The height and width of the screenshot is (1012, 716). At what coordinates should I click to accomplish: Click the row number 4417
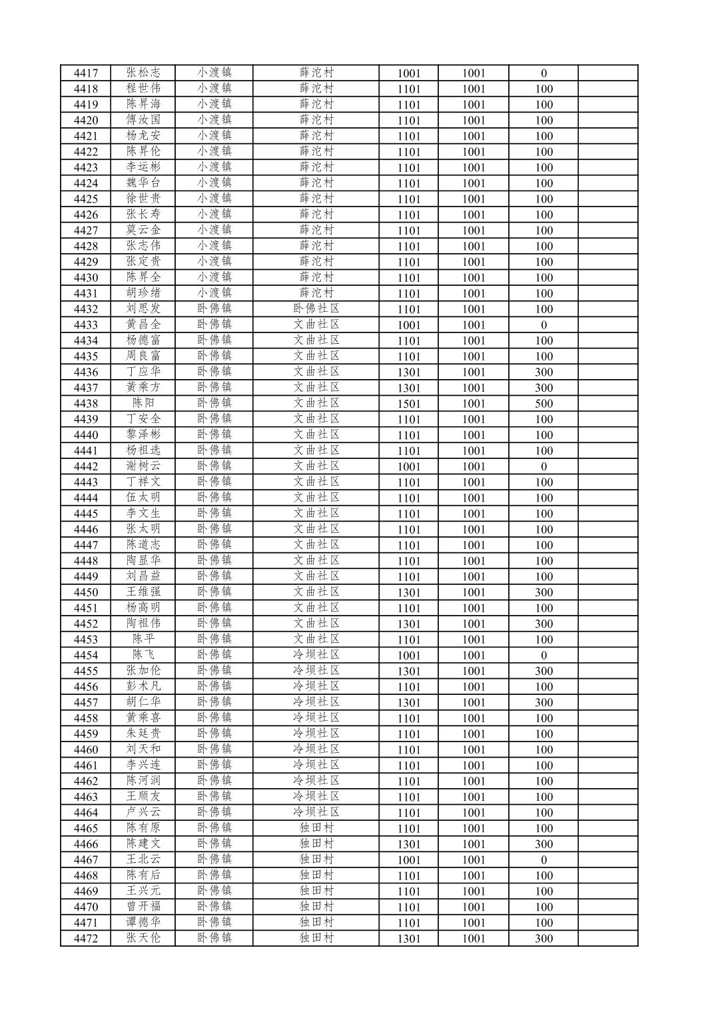(x=86, y=73)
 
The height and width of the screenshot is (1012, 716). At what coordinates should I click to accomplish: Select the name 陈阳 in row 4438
(x=143, y=403)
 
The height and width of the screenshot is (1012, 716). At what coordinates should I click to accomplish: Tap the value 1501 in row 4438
(x=409, y=404)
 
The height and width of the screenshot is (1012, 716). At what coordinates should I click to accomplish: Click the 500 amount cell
(x=543, y=404)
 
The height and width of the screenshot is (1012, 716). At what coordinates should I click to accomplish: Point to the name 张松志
(x=143, y=73)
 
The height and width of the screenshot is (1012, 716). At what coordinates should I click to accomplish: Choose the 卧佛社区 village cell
(x=316, y=308)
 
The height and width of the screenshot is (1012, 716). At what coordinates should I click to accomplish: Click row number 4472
(x=86, y=939)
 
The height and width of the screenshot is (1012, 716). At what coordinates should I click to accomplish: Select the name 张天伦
(x=143, y=938)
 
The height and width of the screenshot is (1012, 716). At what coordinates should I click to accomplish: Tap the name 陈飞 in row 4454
(x=143, y=655)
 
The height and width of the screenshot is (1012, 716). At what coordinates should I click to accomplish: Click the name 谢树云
(x=143, y=466)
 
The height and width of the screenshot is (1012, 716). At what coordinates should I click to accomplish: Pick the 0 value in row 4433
(x=543, y=325)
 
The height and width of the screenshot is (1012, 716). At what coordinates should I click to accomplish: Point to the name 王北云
(x=143, y=859)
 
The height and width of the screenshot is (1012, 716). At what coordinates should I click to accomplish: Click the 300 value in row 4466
(x=543, y=844)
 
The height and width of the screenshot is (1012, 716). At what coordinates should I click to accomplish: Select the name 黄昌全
(x=143, y=324)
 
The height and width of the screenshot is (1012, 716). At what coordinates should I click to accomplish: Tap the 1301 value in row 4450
(x=409, y=592)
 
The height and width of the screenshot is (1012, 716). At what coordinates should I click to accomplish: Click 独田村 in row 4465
(x=316, y=828)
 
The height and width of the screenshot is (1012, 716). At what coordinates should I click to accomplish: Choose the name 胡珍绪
(x=143, y=293)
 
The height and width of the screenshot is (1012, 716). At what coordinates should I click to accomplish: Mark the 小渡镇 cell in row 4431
(x=214, y=293)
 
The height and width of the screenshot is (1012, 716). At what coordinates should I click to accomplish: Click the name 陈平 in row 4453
(x=143, y=639)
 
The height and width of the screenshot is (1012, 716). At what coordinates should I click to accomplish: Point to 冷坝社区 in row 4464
(x=316, y=812)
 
